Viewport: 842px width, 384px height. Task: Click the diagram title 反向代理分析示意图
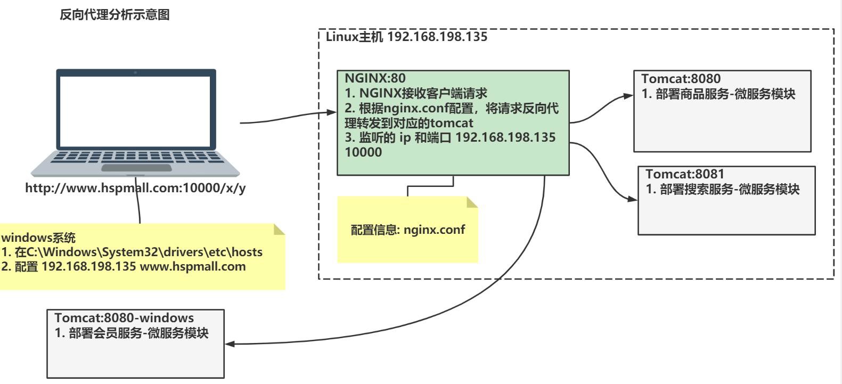coord(115,15)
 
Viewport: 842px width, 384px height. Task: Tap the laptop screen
coord(135,109)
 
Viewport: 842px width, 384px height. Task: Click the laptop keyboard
coord(135,157)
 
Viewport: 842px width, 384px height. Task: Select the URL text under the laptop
coord(135,189)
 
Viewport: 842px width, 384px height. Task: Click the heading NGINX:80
coord(375,78)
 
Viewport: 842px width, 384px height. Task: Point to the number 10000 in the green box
coord(363,152)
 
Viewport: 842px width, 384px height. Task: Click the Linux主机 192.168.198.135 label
coord(406,37)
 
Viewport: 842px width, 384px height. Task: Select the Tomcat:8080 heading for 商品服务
coord(681,79)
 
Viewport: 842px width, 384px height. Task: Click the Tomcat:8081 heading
coord(685,174)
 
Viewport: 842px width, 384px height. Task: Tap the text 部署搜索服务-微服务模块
coord(730,189)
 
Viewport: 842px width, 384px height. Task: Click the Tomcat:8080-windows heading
coord(124,318)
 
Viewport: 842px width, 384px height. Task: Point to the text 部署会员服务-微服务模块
coord(138,333)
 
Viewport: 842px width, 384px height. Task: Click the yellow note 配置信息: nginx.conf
coord(407,230)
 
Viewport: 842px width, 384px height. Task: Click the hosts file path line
coord(132,252)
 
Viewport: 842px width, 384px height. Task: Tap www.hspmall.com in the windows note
coord(192,266)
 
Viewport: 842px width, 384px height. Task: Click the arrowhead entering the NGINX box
coord(331,113)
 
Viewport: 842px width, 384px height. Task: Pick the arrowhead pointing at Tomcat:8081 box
coord(632,199)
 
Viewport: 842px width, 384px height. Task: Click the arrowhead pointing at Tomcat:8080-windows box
coord(230,344)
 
